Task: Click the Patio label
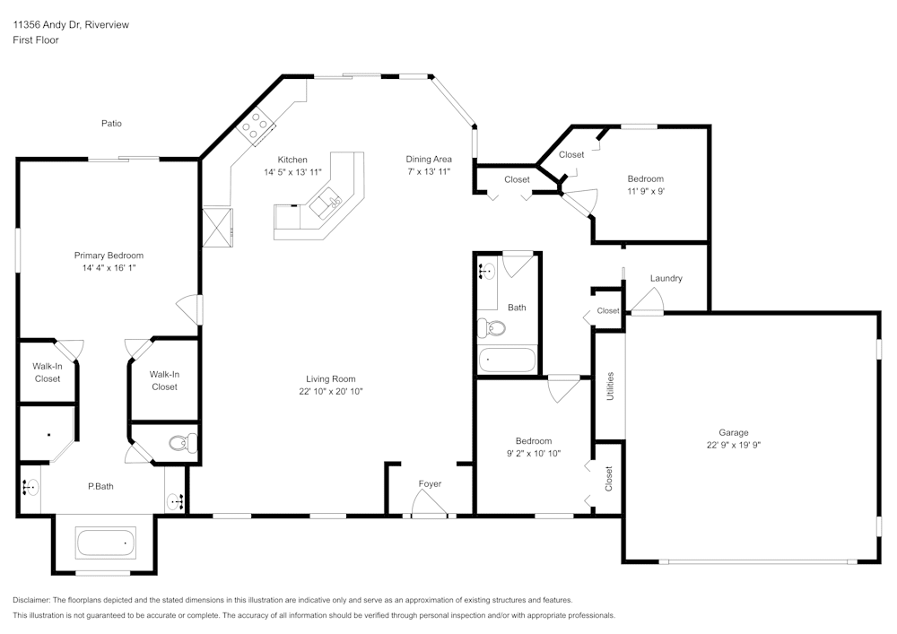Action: (x=111, y=124)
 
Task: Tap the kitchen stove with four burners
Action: (x=255, y=126)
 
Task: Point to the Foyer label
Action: (x=430, y=484)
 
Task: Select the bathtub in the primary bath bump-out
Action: (x=106, y=543)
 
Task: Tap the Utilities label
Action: (x=610, y=386)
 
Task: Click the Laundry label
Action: (x=666, y=278)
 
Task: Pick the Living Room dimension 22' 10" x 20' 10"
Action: (x=331, y=391)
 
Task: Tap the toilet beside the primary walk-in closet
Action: (x=184, y=442)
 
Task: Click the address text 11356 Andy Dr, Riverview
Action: (x=70, y=25)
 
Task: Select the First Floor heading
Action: (x=36, y=40)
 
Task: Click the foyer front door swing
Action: (x=428, y=508)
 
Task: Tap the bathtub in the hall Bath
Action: (x=507, y=361)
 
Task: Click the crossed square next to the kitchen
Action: (x=218, y=226)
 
